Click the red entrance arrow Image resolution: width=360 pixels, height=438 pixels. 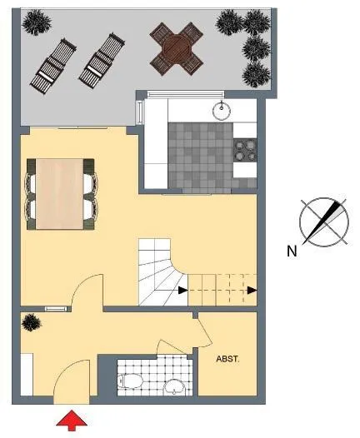pyautogui.click(x=72, y=420)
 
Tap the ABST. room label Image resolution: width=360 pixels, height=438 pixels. pyautogui.click(x=227, y=359)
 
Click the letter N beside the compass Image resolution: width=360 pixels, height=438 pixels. pyautogui.click(x=292, y=251)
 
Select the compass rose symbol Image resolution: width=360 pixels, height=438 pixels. pyautogui.click(x=324, y=222)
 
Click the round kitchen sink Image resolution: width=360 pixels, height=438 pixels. pyautogui.click(x=222, y=111)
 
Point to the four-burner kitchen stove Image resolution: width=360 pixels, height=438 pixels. pyautogui.click(x=245, y=150)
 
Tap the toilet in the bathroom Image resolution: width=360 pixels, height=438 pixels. pyautogui.click(x=130, y=381)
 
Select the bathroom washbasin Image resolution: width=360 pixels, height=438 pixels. pyautogui.click(x=174, y=387)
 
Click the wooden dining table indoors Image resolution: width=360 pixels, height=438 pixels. pyautogui.click(x=60, y=194)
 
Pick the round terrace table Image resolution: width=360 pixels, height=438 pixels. pyautogui.click(x=177, y=49)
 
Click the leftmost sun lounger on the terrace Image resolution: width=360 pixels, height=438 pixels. pyautogui.click(x=53, y=67)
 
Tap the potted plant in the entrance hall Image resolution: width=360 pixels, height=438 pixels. pyautogui.click(x=32, y=322)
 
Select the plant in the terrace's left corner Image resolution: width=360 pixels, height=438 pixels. pyautogui.click(x=37, y=22)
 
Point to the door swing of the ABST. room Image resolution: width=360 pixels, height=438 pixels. pyautogui.click(x=203, y=332)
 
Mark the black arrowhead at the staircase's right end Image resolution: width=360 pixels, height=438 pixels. pyautogui.click(x=252, y=291)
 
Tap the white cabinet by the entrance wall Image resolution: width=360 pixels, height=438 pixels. pyautogui.click(x=27, y=375)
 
